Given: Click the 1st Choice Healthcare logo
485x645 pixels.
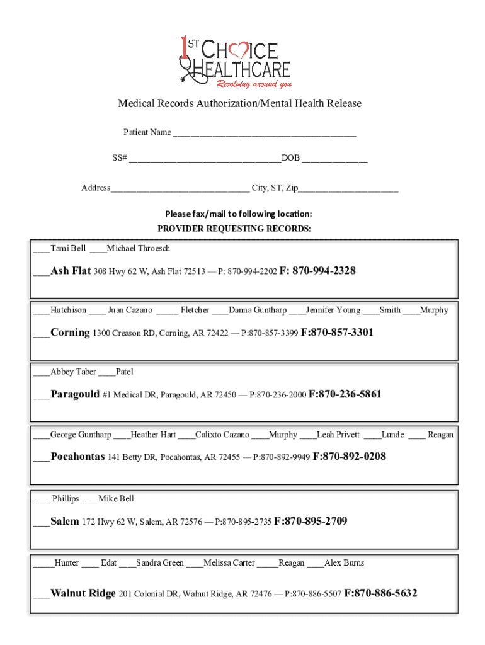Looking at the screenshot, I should (x=234, y=62).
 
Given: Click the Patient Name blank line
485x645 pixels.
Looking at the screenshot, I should (x=265, y=134).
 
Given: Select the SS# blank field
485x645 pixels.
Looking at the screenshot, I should (x=205, y=159).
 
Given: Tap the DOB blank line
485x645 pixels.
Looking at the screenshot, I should (x=334, y=159).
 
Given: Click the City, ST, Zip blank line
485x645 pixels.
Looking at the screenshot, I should (x=349, y=189).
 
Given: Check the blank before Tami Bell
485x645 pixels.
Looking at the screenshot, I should (x=42, y=249).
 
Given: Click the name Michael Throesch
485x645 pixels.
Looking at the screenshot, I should (x=139, y=249).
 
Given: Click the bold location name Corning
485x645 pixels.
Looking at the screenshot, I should (x=70, y=333).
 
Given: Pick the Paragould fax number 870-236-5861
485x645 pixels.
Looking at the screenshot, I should (x=350, y=394).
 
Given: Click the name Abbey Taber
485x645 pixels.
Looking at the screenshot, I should (x=73, y=372).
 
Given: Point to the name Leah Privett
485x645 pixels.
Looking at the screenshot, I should (x=338, y=435).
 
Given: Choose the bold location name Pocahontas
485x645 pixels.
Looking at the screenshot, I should (x=77, y=457).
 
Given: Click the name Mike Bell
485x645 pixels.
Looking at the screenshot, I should (x=117, y=499).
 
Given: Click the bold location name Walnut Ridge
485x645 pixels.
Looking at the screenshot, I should (x=83, y=593).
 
